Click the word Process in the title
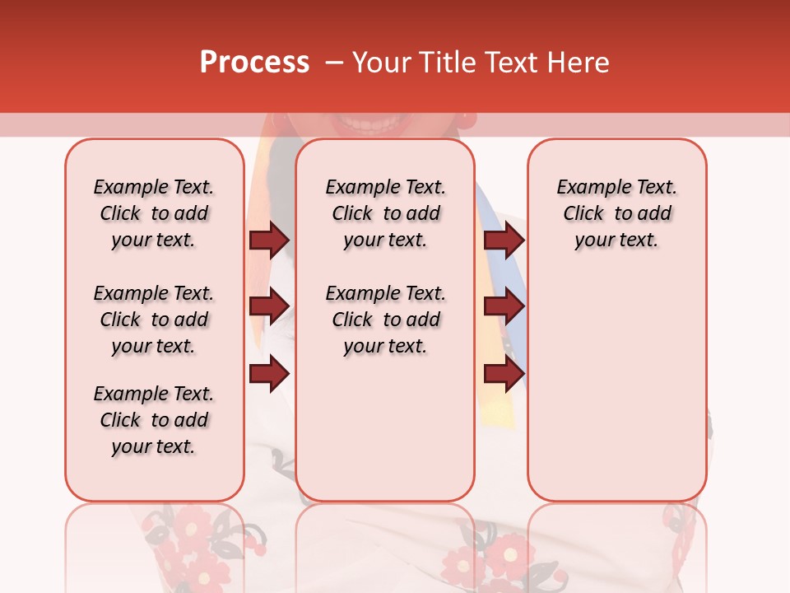[254, 63]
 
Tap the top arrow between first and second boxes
[269, 240]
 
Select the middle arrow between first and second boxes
[269, 306]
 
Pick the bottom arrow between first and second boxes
[269, 374]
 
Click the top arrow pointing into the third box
[504, 240]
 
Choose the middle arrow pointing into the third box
[504, 306]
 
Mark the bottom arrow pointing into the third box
[504, 374]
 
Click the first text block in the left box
[154, 213]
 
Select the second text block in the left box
[154, 320]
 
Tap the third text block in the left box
[154, 420]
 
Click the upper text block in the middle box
[385, 213]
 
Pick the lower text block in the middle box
[385, 320]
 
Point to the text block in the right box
[616, 213]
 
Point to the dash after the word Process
[334, 63]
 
